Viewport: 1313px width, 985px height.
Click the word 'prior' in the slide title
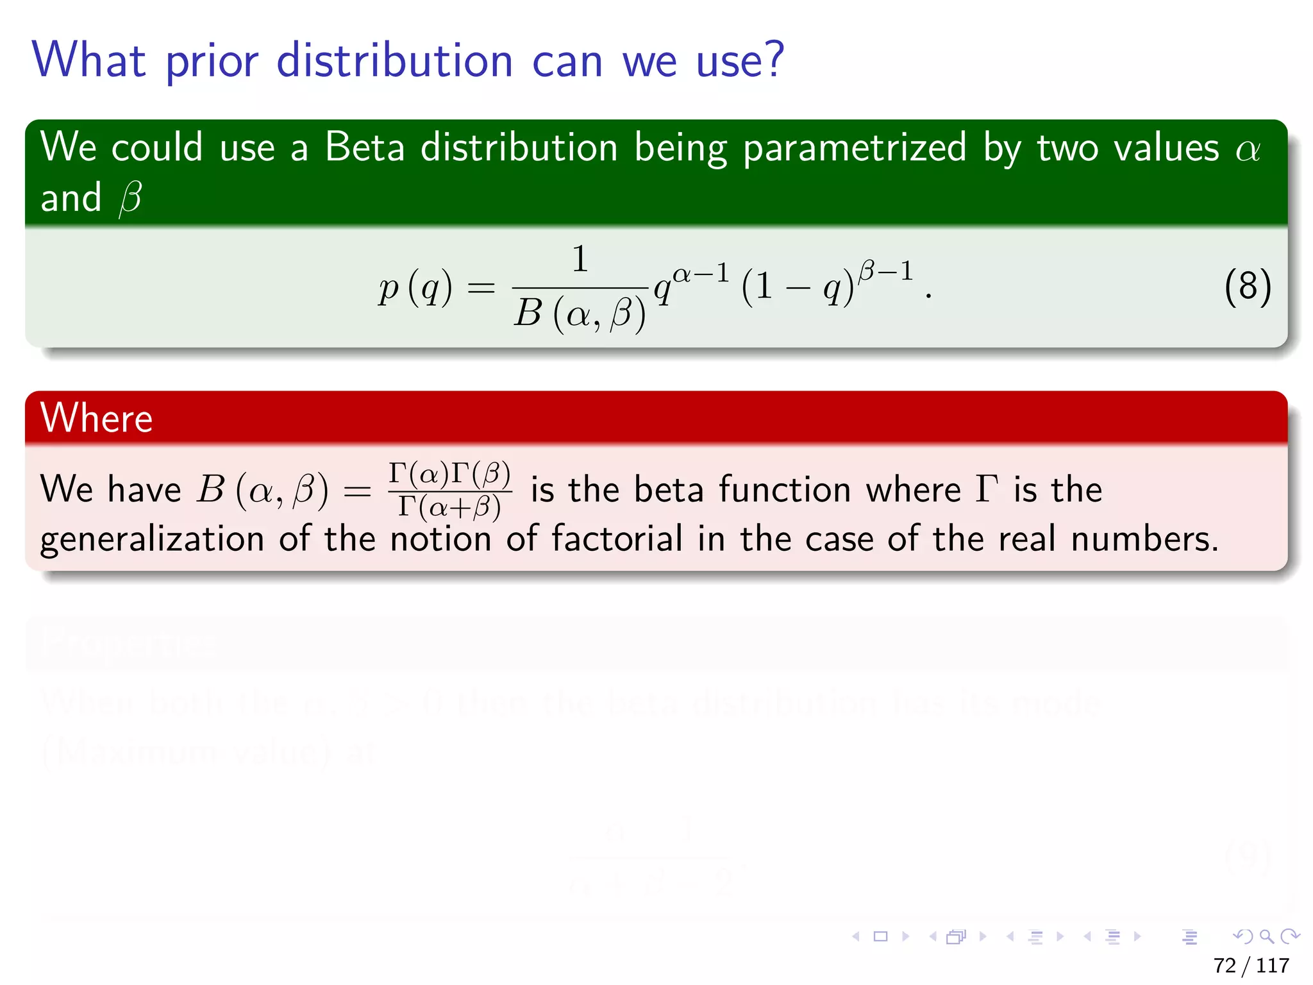pos(212,62)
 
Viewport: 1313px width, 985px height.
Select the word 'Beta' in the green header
pos(364,147)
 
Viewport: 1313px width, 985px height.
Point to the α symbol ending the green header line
pos(1248,150)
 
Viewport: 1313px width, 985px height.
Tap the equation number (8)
pos(1247,287)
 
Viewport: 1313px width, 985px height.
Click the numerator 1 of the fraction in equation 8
pos(580,259)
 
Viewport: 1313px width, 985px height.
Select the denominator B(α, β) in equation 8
pos(580,314)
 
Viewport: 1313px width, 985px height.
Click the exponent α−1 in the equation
pos(701,274)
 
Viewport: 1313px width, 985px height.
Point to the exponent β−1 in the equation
pos(886,271)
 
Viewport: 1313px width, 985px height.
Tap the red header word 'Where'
pos(96,418)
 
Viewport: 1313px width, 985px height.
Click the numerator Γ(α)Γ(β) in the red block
pos(449,474)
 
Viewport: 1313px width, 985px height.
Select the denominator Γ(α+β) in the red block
pos(449,507)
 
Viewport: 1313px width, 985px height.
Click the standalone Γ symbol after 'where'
pos(987,489)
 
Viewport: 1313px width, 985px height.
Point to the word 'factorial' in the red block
pos(617,539)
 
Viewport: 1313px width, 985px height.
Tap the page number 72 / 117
pos(1251,965)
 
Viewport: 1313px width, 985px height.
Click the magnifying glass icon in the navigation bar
pos(1266,936)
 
